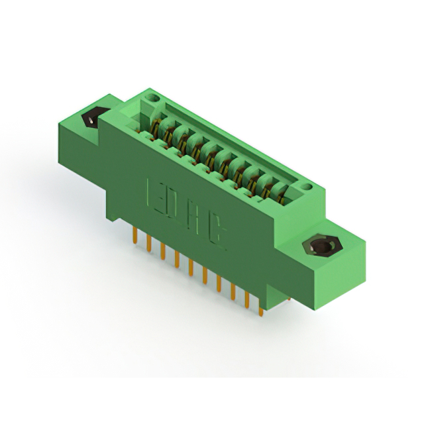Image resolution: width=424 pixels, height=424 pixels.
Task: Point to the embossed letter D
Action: pos(173,205)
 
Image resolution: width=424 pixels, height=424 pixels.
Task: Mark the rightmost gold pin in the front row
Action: pos(260,307)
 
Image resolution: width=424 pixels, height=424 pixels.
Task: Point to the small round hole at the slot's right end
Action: pos(307,189)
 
